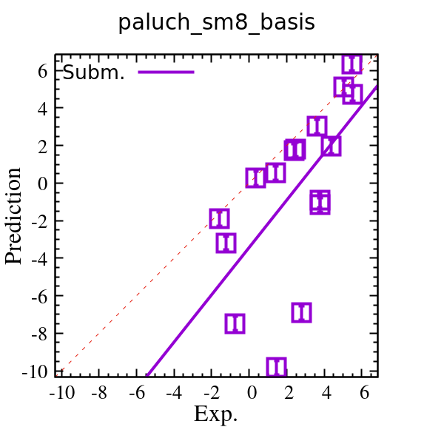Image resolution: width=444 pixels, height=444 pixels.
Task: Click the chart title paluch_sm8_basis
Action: pyautogui.click(x=216, y=23)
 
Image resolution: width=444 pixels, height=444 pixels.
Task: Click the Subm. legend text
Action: pyautogui.click(x=93, y=73)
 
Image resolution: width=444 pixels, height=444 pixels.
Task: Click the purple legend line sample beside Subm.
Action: pyautogui.click(x=166, y=72)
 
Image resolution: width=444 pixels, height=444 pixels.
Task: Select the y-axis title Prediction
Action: pyautogui.click(x=13, y=215)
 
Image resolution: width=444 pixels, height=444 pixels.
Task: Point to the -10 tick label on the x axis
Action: pyautogui.click(x=61, y=391)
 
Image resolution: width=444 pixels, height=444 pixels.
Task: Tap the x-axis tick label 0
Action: pyautogui.click(x=252, y=391)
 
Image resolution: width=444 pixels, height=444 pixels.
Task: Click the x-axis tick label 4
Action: pyautogui.click(x=327, y=391)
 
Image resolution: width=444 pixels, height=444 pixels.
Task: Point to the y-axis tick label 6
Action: pyautogui.click(x=42, y=70)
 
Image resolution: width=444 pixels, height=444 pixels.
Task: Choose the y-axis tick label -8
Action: pyautogui.click(x=38, y=333)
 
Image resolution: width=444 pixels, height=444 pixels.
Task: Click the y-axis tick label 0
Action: pyautogui.click(x=42, y=183)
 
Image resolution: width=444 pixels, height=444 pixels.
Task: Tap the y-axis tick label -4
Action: pyautogui.click(x=38, y=258)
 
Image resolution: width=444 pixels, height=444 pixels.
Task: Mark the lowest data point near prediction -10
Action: pyautogui.click(x=277, y=367)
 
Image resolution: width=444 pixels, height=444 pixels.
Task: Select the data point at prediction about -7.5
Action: pyautogui.click(x=235, y=323)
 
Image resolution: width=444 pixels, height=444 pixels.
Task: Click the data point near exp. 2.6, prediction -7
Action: pyautogui.click(x=301, y=312)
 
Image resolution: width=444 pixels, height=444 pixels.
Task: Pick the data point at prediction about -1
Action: pyautogui.click(x=320, y=202)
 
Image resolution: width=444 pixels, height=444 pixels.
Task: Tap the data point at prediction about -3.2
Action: pyautogui.click(x=226, y=243)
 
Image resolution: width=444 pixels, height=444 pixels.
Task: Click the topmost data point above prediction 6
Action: pyautogui.click(x=352, y=64)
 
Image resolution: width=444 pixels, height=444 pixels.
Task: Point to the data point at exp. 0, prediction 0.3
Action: pyautogui.click(x=255, y=178)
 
